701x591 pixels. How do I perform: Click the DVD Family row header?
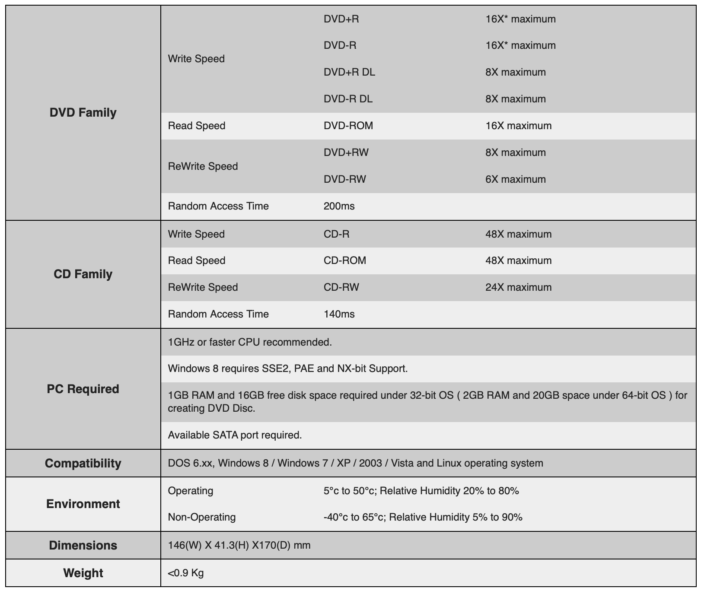[x=83, y=112]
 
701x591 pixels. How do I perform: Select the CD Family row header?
[x=83, y=274]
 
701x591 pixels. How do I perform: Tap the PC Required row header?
[x=83, y=389]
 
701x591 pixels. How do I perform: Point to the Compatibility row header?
[x=83, y=463]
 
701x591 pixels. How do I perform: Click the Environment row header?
[x=83, y=504]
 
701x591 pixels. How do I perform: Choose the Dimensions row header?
[x=83, y=545]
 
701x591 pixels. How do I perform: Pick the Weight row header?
[x=83, y=573]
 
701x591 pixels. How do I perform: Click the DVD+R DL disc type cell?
[x=349, y=72]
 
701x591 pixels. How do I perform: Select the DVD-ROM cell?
[x=348, y=126]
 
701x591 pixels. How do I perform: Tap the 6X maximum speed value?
[x=515, y=179]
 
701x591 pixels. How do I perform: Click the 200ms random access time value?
[x=339, y=206]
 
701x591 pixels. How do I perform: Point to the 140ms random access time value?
[x=339, y=314]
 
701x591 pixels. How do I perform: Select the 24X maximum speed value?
[x=518, y=287]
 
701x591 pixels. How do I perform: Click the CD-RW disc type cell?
[x=341, y=287]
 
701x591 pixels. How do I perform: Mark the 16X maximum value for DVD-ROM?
[x=518, y=126]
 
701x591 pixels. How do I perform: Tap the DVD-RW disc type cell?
[x=344, y=179]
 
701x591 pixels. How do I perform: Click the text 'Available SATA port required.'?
[x=235, y=435]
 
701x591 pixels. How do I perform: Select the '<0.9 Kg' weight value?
[x=186, y=573]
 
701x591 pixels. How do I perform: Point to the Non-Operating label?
[x=201, y=517]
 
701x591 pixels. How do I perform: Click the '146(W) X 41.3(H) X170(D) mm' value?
[x=239, y=545]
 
